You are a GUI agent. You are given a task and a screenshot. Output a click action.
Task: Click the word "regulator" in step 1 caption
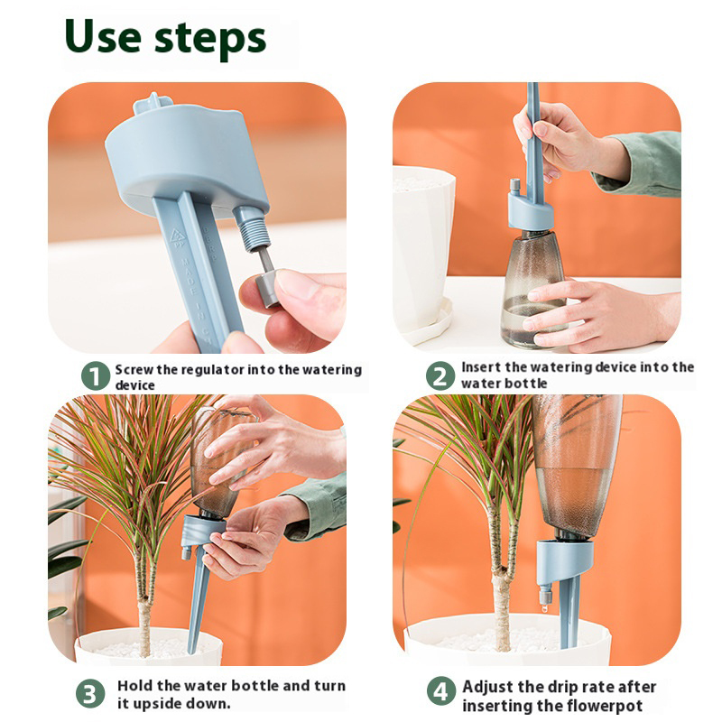(x=210, y=370)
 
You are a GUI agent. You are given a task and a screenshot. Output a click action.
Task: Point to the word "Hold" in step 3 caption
(x=134, y=686)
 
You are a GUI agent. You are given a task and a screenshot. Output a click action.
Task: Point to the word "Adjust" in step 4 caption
(x=489, y=687)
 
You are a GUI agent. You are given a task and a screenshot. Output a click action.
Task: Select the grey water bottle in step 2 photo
(x=533, y=289)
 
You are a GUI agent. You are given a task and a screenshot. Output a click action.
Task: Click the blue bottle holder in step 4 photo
(x=561, y=565)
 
